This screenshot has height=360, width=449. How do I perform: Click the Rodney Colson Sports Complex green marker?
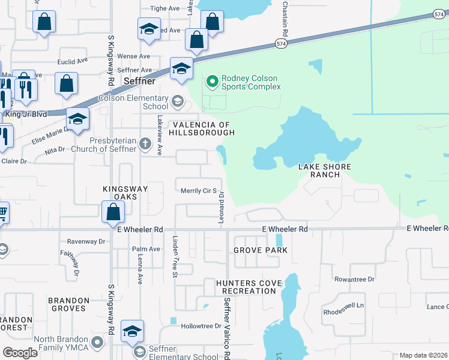pyautogui.click(x=212, y=81)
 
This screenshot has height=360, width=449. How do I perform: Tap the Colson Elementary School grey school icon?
pyautogui.click(x=177, y=101)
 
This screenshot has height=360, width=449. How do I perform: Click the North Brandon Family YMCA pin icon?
pyautogui.click(x=98, y=342)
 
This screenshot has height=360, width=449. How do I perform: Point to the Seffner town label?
pyautogui.click(x=139, y=81)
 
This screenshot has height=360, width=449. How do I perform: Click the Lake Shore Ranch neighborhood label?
pyautogui.click(x=325, y=170)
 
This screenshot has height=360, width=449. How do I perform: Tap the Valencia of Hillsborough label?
pyautogui.click(x=201, y=128)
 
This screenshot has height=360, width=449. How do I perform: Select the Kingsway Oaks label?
pyautogui.click(x=125, y=192)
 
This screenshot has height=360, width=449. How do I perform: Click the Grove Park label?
pyautogui.click(x=261, y=250)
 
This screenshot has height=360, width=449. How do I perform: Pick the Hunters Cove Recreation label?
pyautogui.click(x=246, y=287)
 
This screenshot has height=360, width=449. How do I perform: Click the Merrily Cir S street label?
pyautogui.click(x=198, y=191)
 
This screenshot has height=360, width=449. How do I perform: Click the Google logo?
pyautogui.click(x=20, y=353)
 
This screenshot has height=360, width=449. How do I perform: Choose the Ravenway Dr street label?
pyautogui.click(x=86, y=241)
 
